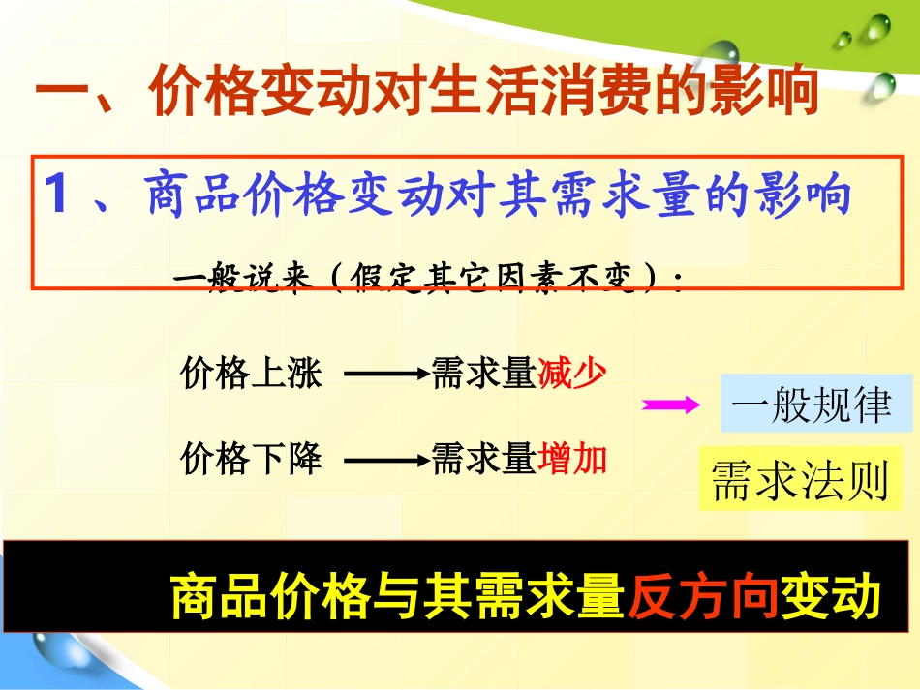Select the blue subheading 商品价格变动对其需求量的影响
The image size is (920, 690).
498,195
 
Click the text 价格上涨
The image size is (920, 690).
250,373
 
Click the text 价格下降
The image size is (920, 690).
250,458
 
